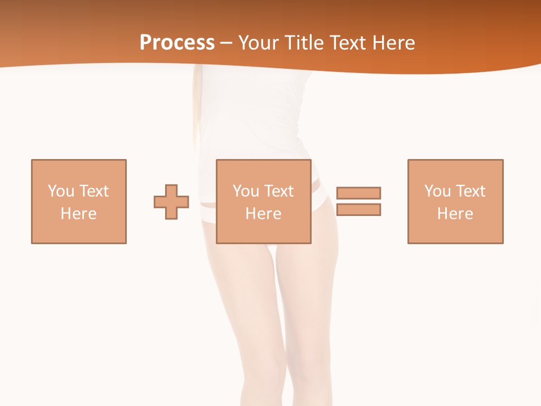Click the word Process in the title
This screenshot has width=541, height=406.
177,43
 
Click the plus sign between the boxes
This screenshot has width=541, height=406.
171,202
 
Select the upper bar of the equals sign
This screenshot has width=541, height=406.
358,193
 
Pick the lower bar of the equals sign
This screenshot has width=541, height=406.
358,209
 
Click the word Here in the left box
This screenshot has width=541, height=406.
79,214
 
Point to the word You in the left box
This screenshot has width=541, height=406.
61,191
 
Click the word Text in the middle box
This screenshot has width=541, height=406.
278,191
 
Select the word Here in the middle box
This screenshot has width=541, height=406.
264,214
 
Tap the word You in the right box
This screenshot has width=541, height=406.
437,191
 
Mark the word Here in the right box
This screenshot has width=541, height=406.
455,214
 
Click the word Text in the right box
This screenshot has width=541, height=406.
470,191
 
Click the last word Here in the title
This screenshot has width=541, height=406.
394,43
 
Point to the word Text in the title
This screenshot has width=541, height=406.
349,43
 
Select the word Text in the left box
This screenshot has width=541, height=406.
94,191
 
